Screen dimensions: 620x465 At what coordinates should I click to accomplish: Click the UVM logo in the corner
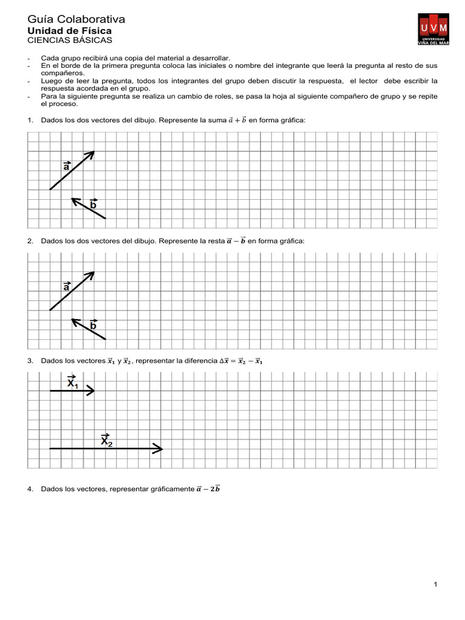click(433, 30)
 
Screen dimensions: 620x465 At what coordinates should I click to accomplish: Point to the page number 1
click(435, 584)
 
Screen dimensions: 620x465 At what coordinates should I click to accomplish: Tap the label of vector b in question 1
click(93, 204)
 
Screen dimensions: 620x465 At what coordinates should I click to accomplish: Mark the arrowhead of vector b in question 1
click(73, 199)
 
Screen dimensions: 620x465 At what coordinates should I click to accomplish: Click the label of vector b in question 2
click(93, 325)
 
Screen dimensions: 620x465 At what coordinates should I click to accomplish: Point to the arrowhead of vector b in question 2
click(73, 320)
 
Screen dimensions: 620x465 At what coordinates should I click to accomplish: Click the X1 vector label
click(72, 382)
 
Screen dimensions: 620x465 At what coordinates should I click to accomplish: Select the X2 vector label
click(107, 440)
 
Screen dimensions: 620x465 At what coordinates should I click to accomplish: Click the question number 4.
click(30, 489)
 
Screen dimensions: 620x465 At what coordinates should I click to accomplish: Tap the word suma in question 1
click(216, 120)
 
